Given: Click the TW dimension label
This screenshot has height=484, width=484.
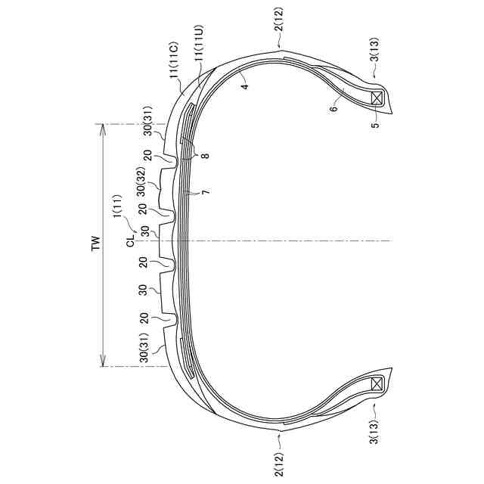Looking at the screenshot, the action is [x=97, y=244].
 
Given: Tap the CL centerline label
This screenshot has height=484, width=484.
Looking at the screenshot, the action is [x=131, y=240].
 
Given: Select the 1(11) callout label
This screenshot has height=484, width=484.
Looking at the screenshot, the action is [x=118, y=206].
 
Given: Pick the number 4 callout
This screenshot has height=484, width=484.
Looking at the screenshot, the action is [x=245, y=85].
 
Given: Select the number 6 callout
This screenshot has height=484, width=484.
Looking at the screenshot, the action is [x=334, y=108].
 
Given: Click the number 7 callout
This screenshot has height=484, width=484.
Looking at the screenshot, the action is [x=206, y=191].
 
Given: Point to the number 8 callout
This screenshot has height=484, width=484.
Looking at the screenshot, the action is [x=206, y=154].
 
